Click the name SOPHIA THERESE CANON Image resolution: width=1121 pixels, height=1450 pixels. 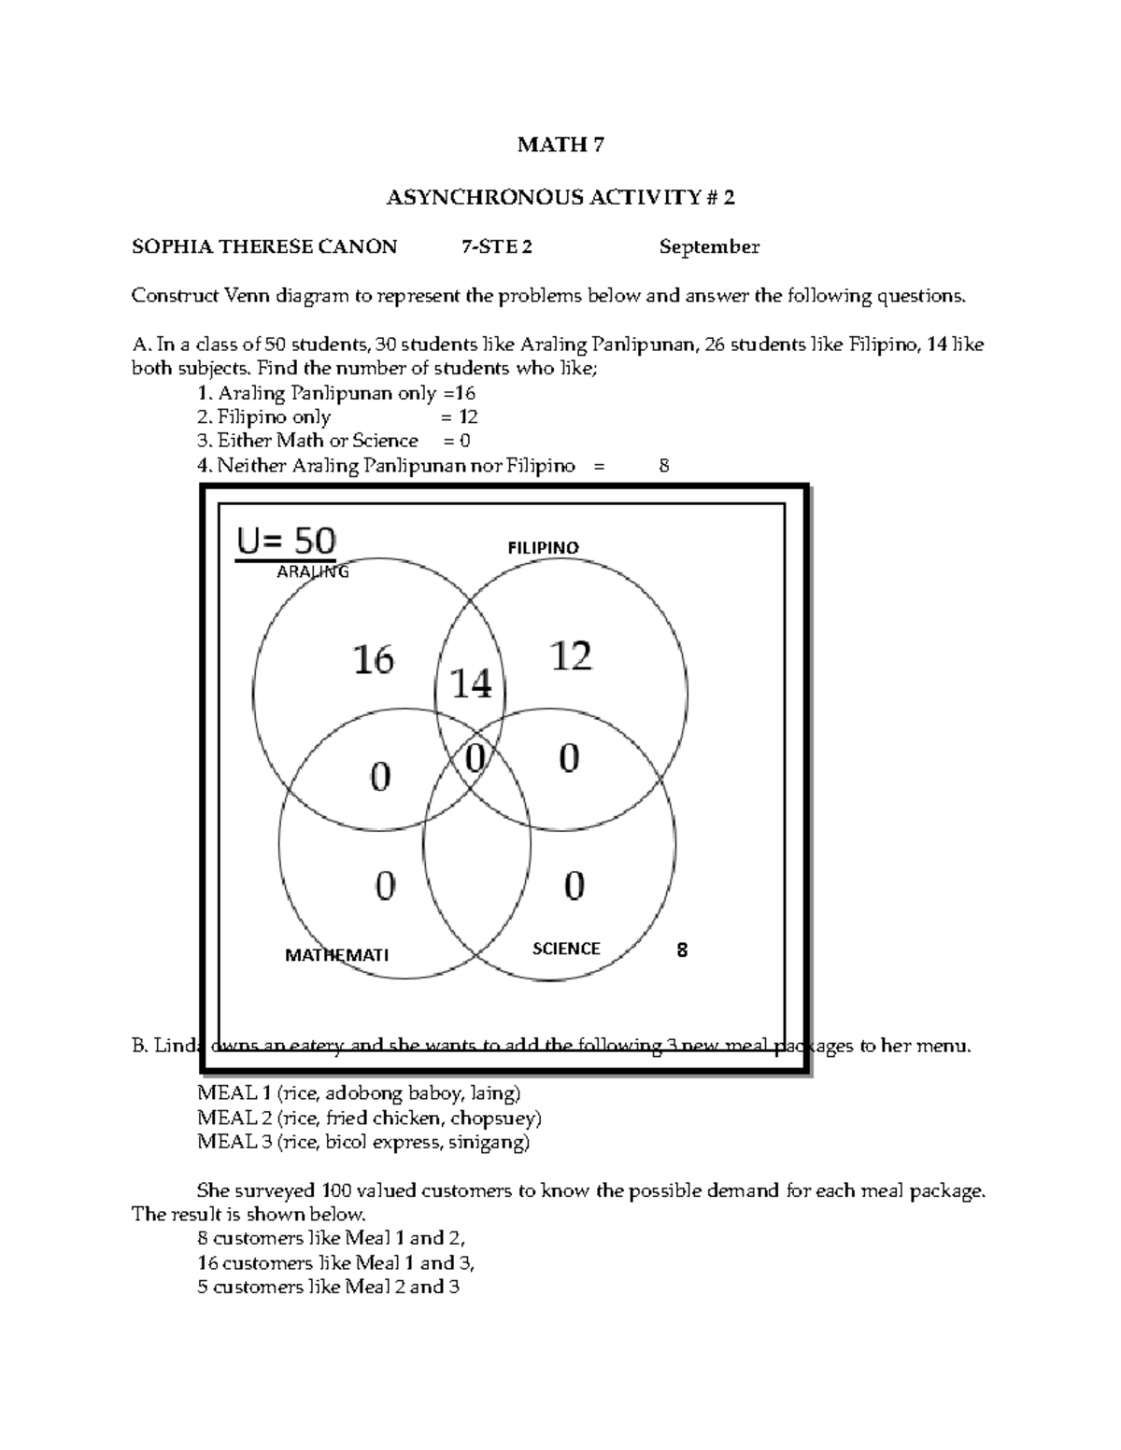(264, 247)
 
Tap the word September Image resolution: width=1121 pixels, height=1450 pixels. (709, 247)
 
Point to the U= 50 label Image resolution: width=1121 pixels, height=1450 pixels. (286, 540)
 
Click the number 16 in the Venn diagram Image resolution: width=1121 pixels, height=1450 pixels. (373, 660)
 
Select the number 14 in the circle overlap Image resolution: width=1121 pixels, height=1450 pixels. (471, 685)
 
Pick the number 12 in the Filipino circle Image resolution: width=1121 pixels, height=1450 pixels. (571, 656)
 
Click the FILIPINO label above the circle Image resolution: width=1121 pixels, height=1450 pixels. (543, 548)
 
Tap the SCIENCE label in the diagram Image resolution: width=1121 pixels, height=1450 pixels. (566, 949)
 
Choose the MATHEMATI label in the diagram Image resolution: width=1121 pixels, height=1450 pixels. (336, 955)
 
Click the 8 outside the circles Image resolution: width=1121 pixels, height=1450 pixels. (682, 950)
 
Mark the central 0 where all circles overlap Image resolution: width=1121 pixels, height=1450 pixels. (475, 758)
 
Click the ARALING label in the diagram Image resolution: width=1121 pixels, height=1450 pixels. (313, 572)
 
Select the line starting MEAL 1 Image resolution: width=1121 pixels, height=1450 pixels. (359, 1092)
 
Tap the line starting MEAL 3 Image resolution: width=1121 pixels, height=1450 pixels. (363, 1141)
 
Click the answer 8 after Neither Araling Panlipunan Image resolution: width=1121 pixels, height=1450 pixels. (663, 465)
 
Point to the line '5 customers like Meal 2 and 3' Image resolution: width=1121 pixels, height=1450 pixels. (329, 1287)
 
